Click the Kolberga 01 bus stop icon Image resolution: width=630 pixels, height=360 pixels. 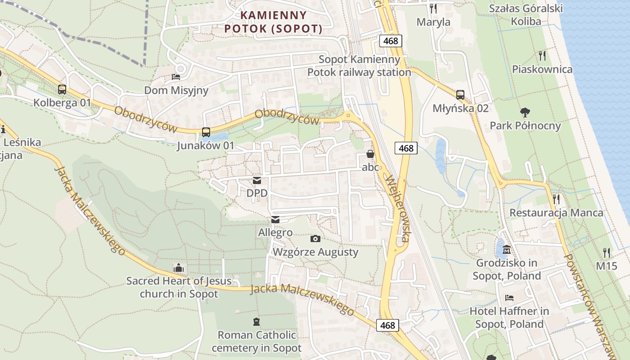(62, 89)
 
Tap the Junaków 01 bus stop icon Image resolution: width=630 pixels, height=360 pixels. (206, 132)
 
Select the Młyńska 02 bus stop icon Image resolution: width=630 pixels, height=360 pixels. (460, 94)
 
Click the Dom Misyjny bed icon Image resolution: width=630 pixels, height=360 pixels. (176, 77)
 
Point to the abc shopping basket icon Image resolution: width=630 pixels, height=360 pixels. (370, 154)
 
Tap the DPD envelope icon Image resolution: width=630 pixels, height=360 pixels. (257, 180)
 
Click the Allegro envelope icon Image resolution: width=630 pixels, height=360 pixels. (275, 220)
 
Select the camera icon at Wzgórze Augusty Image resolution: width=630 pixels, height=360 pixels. (315, 238)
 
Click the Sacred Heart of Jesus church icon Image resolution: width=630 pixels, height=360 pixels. (179, 268)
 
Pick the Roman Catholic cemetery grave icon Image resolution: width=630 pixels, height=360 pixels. (256, 321)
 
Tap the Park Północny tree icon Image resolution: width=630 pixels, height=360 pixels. (525, 112)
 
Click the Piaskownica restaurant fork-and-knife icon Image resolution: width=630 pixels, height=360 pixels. (542, 56)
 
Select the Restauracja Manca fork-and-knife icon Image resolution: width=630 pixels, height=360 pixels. (556, 199)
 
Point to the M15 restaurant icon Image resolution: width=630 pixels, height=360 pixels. (607, 253)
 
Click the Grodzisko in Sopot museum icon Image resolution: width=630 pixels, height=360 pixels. (507, 249)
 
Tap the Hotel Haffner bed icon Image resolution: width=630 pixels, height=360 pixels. (509, 297)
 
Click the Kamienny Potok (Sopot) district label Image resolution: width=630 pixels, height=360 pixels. (274, 22)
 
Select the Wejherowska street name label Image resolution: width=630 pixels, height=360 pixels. (397, 209)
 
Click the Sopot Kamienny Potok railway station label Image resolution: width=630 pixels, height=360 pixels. (359, 66)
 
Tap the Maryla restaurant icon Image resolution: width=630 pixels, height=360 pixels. (433, 8)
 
